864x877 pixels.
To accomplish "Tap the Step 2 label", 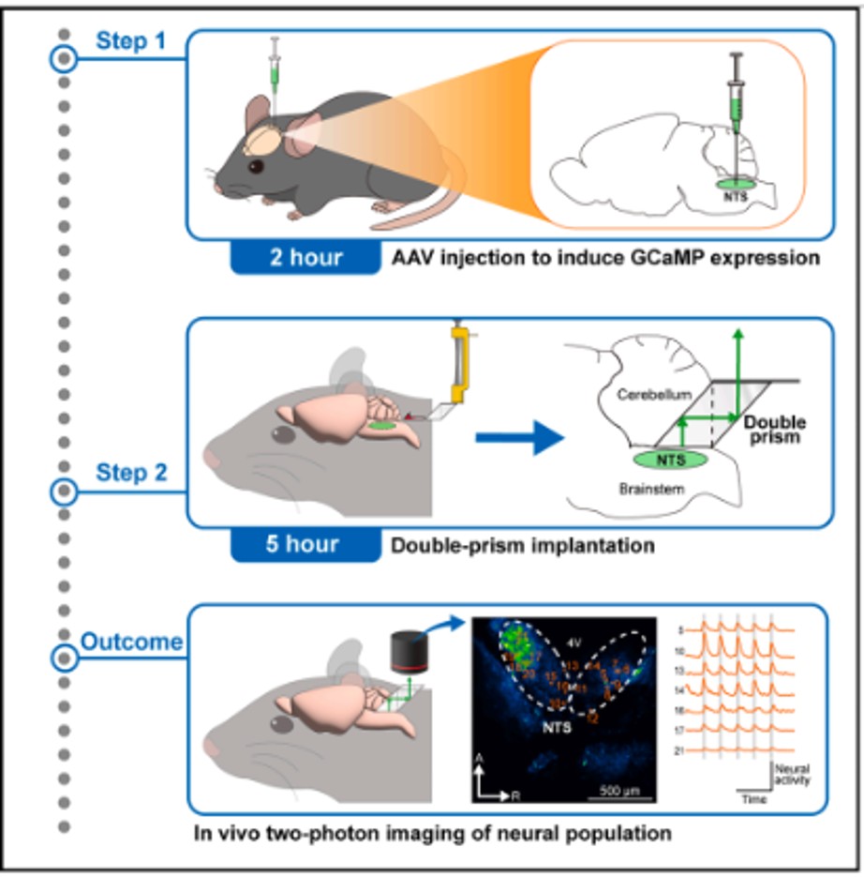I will pyautogui.click(x=131, y=473).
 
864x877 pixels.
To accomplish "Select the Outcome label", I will pyautogui.click(x=131, y=643).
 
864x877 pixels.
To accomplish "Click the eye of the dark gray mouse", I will pyautogui.click(x=256, y=166).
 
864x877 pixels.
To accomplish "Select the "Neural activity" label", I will pyautogui.click(x=793, y=774).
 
